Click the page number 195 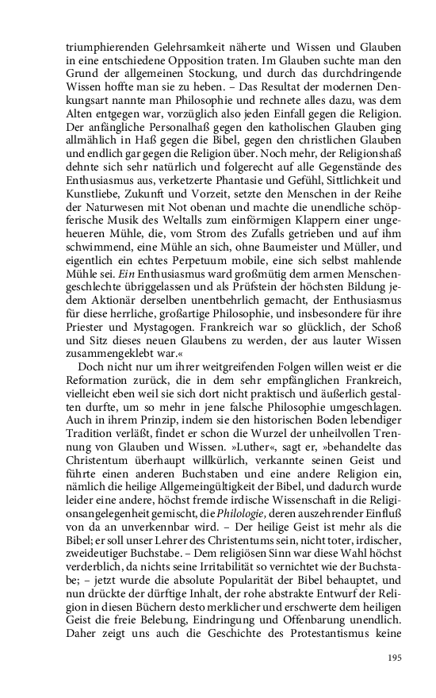point(396,658)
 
